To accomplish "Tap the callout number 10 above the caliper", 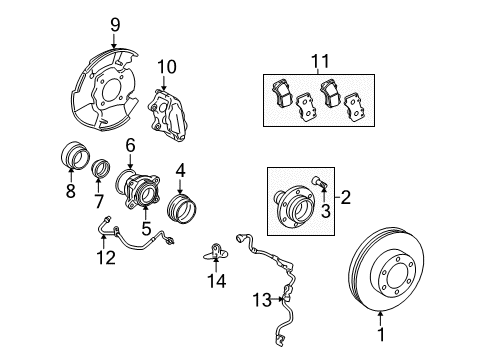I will point(166,68).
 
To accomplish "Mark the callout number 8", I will point(70,191).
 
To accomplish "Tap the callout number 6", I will point(130,146).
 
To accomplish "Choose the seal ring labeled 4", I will point(181,213).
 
